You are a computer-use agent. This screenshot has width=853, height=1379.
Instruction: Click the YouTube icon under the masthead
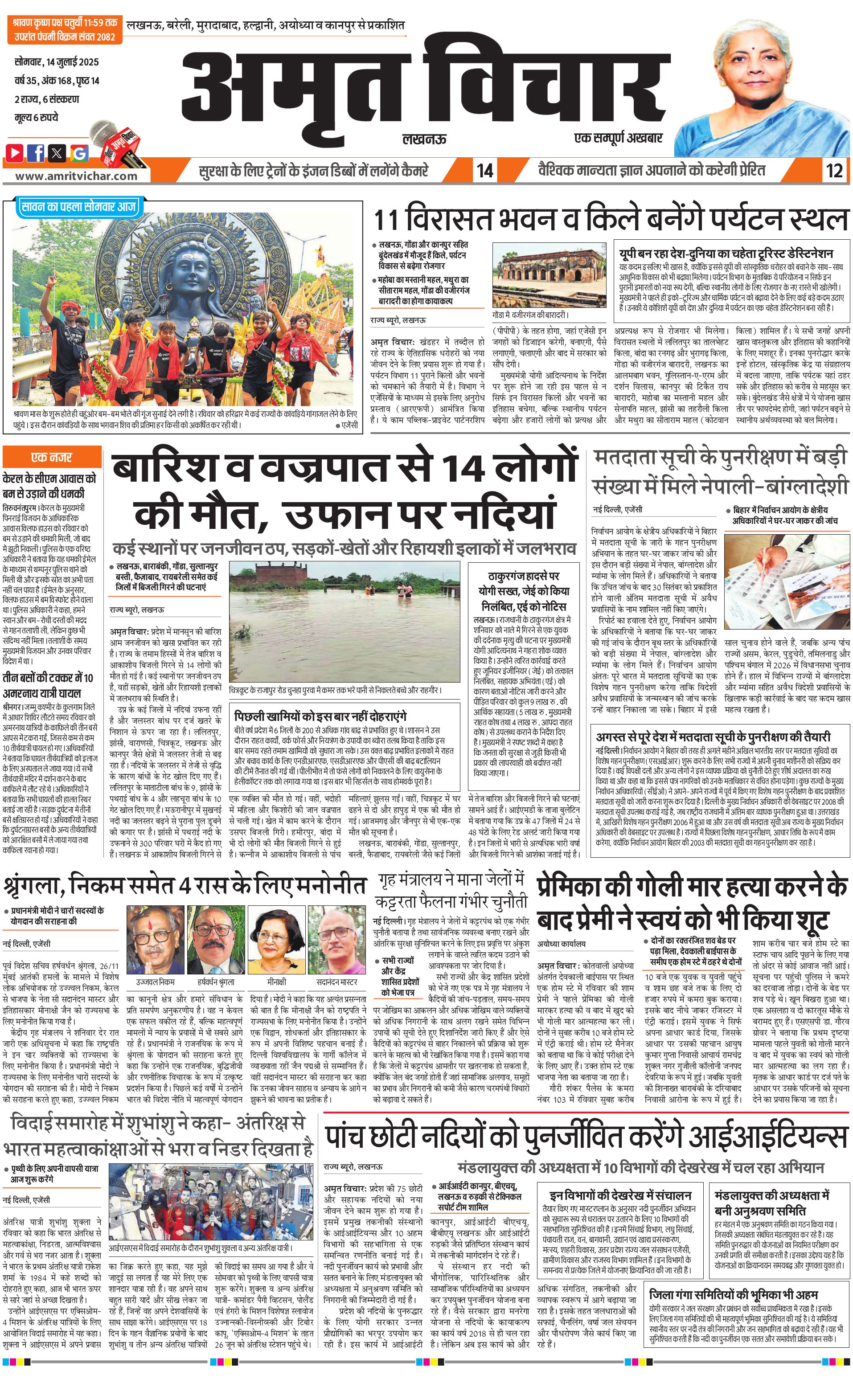point(15,153)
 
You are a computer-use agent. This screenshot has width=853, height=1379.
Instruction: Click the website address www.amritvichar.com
point(76,176)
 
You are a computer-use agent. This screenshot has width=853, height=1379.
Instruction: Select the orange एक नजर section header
point(51,457)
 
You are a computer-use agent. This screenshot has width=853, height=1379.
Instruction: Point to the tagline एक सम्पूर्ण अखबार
point(618,138)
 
